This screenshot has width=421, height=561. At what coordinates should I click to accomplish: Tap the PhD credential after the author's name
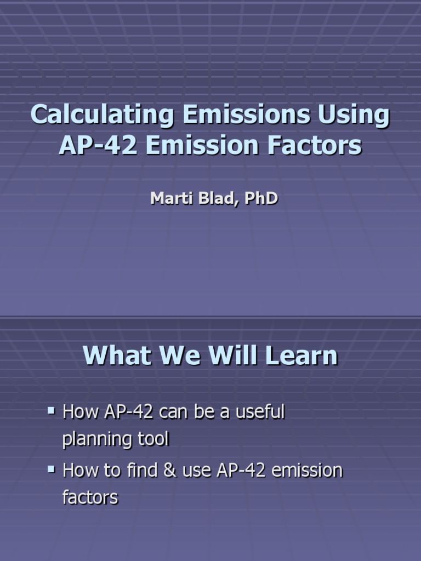click(x=261, y=198)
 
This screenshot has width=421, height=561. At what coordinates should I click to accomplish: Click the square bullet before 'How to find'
click(x=52, y=469)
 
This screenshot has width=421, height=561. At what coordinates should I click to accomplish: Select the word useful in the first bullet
click(x=260, y=412)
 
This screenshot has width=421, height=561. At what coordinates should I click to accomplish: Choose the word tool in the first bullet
click(x=152, y=439)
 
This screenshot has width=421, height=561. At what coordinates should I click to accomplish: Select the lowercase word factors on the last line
click(x=90, y=498)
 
